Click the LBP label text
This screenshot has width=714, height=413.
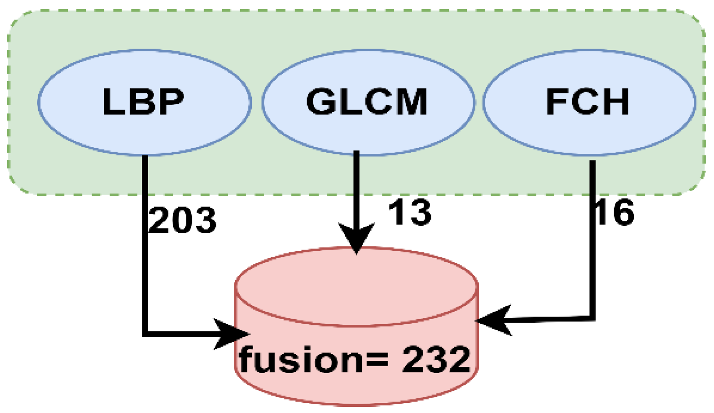click(143, 102)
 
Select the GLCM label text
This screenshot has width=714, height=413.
click(367, 102)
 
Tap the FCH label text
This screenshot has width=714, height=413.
click(587, 102)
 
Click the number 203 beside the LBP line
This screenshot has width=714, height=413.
click(183, 220)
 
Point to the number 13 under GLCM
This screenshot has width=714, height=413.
click(410, 213)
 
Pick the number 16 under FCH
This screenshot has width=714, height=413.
click(615, 213)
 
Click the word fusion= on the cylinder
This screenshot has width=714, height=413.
click(314, 359)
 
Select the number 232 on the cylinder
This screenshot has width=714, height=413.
click(436, 359)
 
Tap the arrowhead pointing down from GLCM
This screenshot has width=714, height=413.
click(357, 239)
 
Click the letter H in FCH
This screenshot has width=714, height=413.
click(615, 102)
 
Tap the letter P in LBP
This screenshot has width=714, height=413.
click(170, 102)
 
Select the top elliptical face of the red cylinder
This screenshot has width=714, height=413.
click(357, 287)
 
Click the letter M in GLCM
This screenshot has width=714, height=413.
click(410, 102)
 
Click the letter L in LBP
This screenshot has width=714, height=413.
click(113, 102)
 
